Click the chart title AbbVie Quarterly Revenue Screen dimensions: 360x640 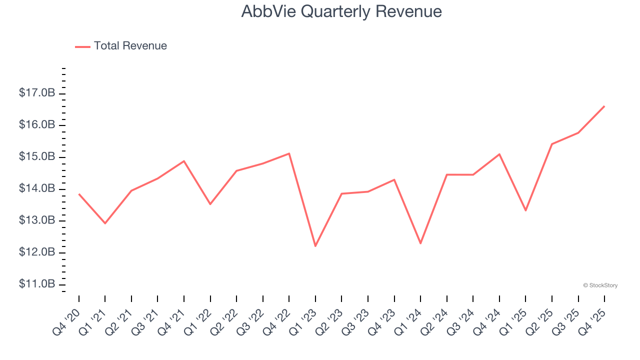(x=341, y=11)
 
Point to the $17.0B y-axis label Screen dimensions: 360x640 (x=37, y=93)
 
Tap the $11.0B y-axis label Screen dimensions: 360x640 (x=37, y=284)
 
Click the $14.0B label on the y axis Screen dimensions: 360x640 (x=37, y=188)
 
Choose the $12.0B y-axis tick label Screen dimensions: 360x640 (x=37, y=252)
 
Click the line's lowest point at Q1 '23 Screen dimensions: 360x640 (x=315, y=246)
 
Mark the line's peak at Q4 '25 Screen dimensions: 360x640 (x=604, y=106)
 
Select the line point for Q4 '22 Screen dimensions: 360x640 (x=289, y=153)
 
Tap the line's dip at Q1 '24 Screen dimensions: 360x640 (x=420, y=243)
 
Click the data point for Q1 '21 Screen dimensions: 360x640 (x=105, y=223)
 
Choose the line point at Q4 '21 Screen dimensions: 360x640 (x=184, y=161)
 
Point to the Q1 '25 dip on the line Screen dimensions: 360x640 (x=525, y=210)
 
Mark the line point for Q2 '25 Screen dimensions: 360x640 (x=552, y=144)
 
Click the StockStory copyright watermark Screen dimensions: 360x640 (x=600, y=285)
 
